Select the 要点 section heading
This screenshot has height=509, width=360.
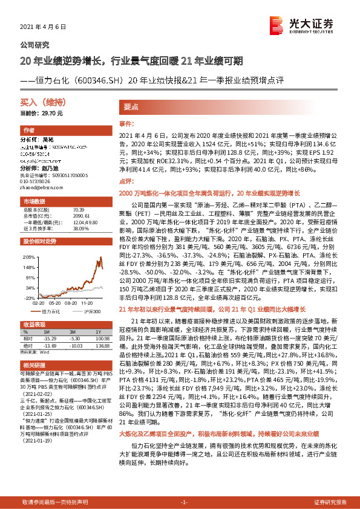pos(131,105)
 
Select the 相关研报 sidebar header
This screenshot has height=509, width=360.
pos(33,365)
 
